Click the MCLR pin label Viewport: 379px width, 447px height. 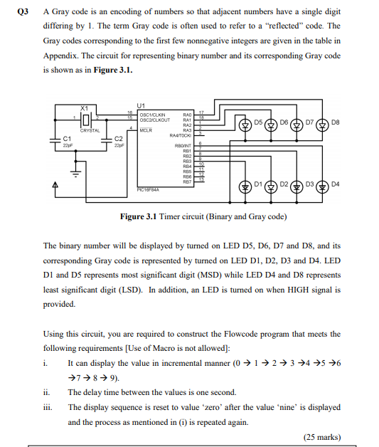coord(147,128)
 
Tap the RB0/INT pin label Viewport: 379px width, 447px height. coord(183,145)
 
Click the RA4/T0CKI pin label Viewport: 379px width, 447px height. coord(180,134)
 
